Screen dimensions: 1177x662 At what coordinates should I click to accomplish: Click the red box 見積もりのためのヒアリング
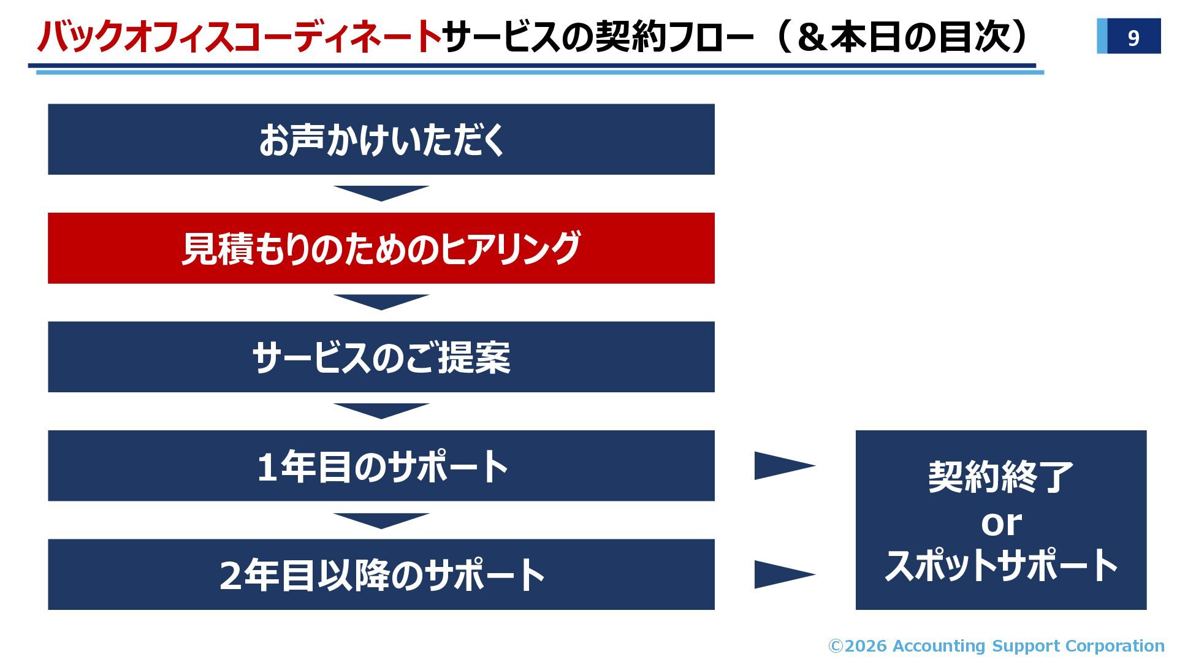pyautogui.click(x=381, y=248)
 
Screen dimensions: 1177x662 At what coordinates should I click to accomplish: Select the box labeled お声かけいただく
pyautogui.click(x=381, y=139)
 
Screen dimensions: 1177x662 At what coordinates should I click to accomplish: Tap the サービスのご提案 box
pyautogui.click(x=381, y=357)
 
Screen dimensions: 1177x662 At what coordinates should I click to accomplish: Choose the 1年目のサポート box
pyautogui.click(x=381, y=466)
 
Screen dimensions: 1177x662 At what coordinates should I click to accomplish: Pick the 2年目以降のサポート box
pyautogui.click(x=381, y=574)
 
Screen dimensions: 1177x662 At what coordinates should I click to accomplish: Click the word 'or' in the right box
pyautogui.click(x=1001, y=523)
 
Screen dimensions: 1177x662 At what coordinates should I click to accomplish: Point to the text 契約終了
pyautogui.click(x=1000, y=477)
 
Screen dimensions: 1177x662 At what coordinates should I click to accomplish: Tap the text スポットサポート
pyautogui.click(x=1001, y=565)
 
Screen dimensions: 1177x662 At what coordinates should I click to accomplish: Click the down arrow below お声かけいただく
pyautogui.click(x=381, y=192)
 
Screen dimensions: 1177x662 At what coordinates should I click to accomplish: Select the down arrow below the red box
pyautogui.click(x=381, y=302)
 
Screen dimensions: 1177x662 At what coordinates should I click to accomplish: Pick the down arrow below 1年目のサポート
pyautogui.click(x=381, y=520)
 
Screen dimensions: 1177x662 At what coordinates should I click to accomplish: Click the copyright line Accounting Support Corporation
pyautogui.click(x=996, y=645)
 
